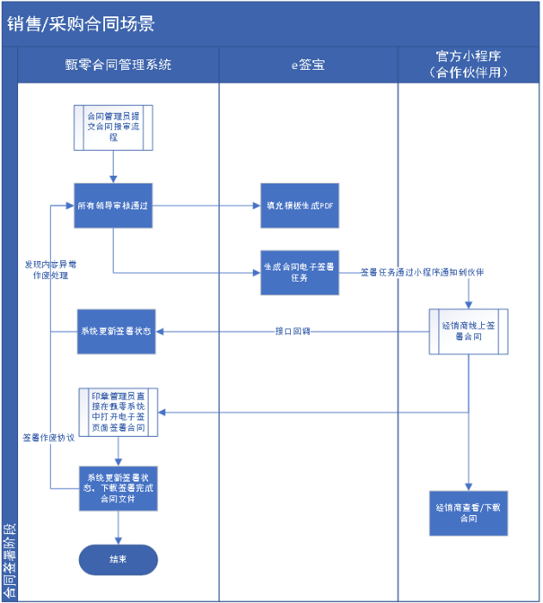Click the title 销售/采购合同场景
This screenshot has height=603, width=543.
[x=81, y=24]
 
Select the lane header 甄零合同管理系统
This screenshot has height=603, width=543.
[x=119, y=65]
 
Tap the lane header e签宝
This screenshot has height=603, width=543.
[x=307, y=65]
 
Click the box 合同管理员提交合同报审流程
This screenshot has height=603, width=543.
[x=113, y=127]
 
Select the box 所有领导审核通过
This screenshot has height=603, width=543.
[x=114, y=206]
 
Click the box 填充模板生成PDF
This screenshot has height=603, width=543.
[x=300, y=207]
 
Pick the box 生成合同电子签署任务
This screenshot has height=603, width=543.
[x=300, y=272]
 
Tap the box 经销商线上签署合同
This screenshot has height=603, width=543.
[x=469, y=331]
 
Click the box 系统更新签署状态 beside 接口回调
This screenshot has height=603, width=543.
[x=116, y=332]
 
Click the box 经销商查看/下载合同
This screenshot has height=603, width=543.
[x=469, y=513]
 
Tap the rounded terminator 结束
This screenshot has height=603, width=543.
[x=118, y=559]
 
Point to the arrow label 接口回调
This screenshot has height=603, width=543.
[x=292, y=332]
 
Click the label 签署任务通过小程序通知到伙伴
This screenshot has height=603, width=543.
[x=421, y=272]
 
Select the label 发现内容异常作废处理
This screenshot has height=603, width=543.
[x=51, y=270]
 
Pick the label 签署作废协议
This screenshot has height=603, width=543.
[x=48, y=438]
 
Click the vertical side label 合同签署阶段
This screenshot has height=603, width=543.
[x=9, y=560]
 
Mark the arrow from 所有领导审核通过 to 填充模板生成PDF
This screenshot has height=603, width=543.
[x=207, y=206]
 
